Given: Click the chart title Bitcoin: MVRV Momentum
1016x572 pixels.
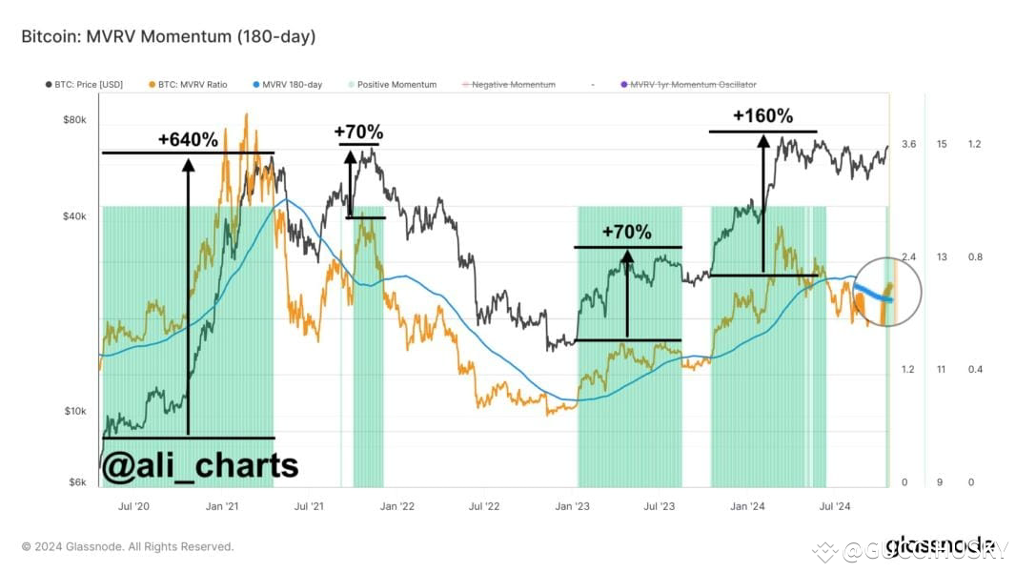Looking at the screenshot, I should point(168,37).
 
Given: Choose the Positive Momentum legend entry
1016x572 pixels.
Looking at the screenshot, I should point(392,85).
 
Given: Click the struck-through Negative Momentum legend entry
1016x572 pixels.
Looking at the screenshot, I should point(512,85).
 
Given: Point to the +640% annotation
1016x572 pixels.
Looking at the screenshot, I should point(188,140).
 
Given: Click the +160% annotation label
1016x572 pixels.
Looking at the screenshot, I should point(762,116).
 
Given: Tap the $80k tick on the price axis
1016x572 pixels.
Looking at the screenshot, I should point(74,120).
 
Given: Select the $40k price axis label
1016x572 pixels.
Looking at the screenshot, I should point(74,216).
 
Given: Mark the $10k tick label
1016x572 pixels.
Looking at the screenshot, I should point(74,411).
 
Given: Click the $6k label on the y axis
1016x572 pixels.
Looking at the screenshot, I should point(76,482).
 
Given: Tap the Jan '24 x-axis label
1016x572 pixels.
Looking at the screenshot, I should point(746,506).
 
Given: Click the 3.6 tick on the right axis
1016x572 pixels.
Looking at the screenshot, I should point(908,144).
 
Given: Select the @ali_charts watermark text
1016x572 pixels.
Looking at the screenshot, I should point(199,465).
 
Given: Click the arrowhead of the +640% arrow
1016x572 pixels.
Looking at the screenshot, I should point(188,165).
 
